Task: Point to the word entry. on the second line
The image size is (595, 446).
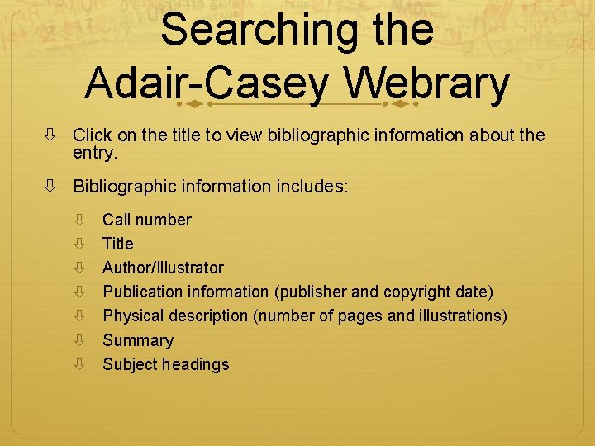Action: [x=96, y=153]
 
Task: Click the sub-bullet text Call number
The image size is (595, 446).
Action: [x=146, y=220]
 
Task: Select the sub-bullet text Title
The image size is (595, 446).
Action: [x=117, y=244]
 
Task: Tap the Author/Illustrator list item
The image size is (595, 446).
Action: [x=163, y=268]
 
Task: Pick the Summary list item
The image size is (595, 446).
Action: [x=137, y=340]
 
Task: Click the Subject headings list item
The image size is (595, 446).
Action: [x=165, y=364]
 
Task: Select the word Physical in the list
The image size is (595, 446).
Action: [x=133, y=316]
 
